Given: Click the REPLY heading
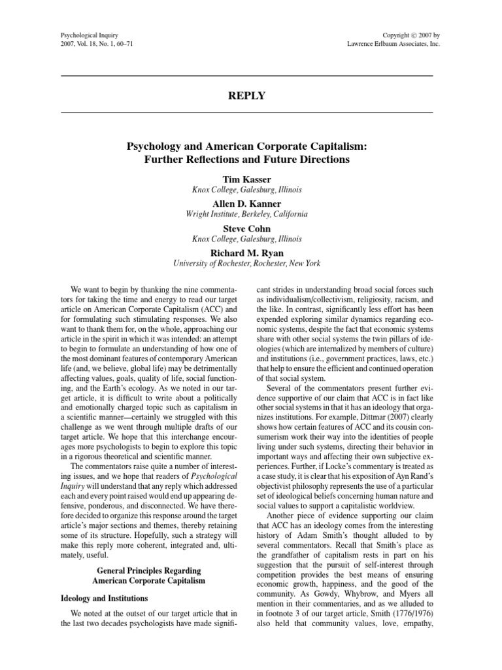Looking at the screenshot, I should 246,96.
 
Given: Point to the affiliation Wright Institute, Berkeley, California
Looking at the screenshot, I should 246,214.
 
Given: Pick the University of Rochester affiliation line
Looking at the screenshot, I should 246,263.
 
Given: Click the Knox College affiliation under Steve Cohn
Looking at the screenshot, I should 246,239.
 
